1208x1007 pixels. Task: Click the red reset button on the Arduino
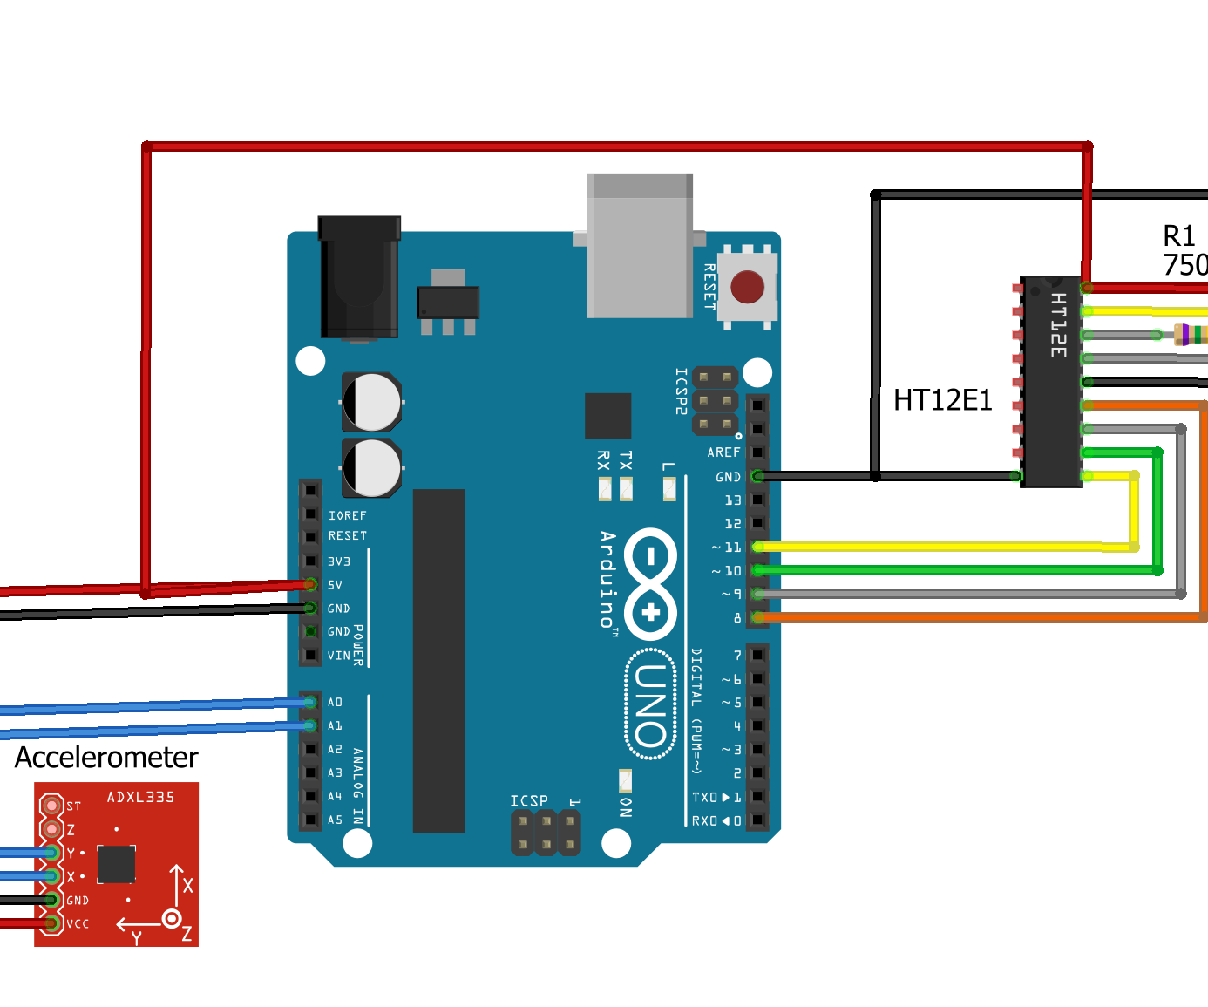click(747, 287)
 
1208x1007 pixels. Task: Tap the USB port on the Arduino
click(640, 246)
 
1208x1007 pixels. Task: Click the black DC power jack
click(359, 277)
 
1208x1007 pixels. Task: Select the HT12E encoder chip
click(1052, 382)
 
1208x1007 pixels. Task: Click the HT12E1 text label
click(942, 400)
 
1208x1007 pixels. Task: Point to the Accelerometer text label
click(106, 757)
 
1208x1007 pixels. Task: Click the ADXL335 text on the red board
click(140, 797)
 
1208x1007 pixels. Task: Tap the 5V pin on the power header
click(310, 584)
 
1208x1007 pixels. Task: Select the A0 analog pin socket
click(310, 702)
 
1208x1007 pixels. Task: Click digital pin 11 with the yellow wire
click(757, 547)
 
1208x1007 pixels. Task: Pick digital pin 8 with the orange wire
click(757, 617)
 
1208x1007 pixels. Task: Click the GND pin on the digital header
click(757, 476)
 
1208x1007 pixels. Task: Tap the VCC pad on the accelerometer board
click(52, 922)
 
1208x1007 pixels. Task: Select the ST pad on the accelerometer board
click(52, 806)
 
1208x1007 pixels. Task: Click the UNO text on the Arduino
click(651, 704)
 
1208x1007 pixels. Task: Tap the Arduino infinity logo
click(651, 584)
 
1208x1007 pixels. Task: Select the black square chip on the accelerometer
click(116, 863)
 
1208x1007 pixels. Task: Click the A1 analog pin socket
click(310, 725)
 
